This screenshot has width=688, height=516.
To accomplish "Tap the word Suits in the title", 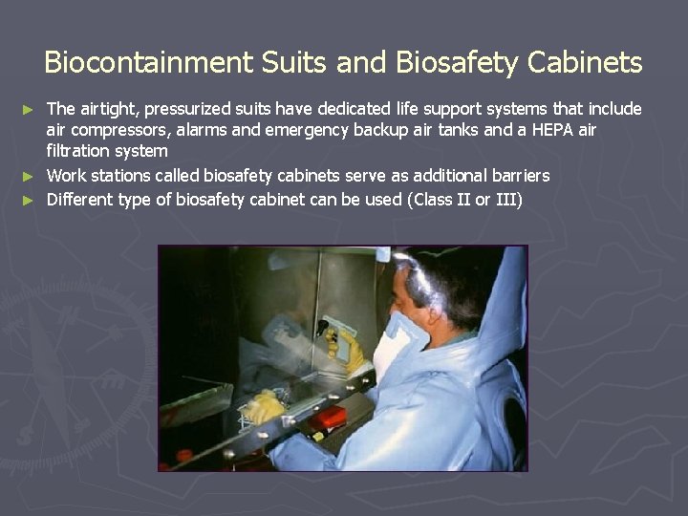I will [x=282, y=63].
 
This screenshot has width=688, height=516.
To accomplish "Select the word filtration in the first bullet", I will [x=80, y=151].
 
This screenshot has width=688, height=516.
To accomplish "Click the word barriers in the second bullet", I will [x=516, y=176].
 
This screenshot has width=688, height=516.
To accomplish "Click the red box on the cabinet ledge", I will [x=331, y=418].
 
